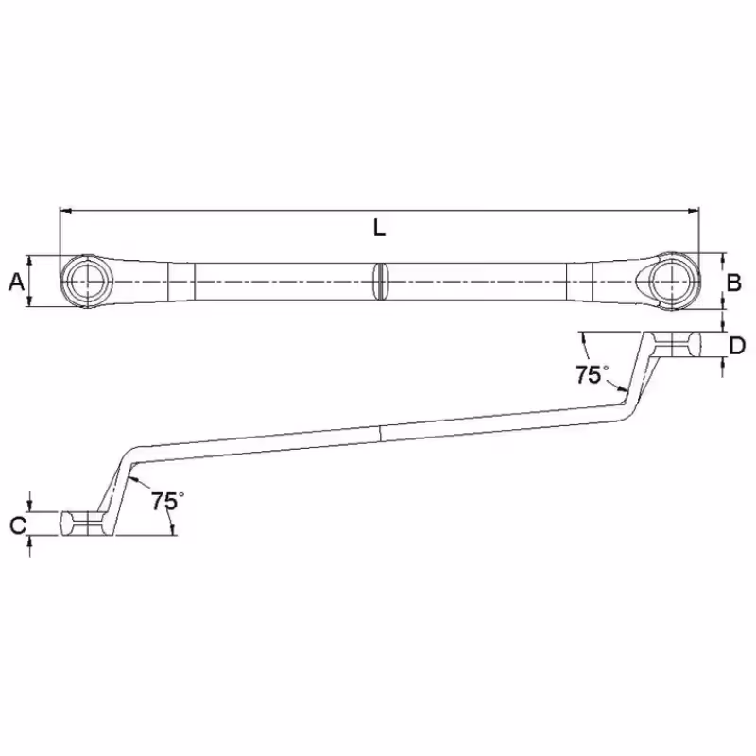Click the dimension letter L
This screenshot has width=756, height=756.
[378, 228]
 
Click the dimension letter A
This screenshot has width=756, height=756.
[15, 281]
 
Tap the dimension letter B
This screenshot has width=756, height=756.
[733, 282]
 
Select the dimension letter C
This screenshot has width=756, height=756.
[17, 525]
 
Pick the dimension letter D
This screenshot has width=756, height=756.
[737, 346]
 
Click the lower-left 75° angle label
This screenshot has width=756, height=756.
[164, 501]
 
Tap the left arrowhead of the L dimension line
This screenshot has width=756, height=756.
[64, 211]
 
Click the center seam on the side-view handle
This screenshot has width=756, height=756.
[381, 432]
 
